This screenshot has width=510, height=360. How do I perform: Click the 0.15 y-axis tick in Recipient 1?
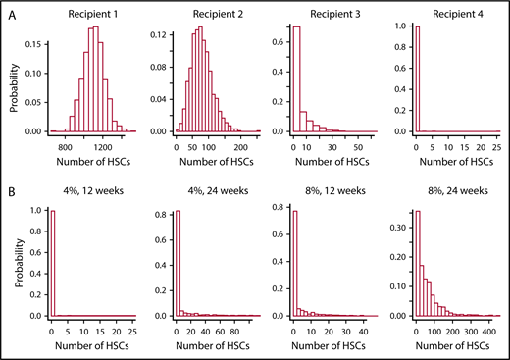tap(35, 43)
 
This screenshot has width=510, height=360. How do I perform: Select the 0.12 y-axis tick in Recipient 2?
tap(154, 34)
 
